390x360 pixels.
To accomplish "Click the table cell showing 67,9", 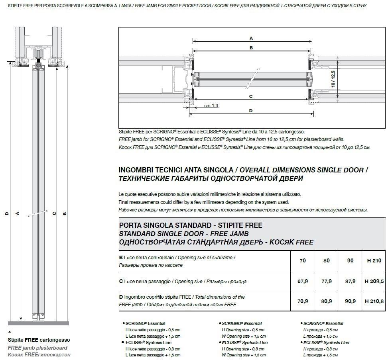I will pyautogui.click(x=303, y=281).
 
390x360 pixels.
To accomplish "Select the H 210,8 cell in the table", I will pyautogui.click(x=374, y=301).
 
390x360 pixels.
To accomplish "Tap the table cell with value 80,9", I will pyautogui.click(x=327, y=301).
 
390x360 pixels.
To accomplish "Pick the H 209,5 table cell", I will pyautogui.click(x=374, y=281).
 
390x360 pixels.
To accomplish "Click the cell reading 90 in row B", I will pyautogui.click(x=350, y=261).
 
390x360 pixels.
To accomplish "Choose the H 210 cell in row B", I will pyautogui.click(x=374, y=261).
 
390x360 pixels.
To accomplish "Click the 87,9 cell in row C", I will pyautogui.click(x=350, y=281).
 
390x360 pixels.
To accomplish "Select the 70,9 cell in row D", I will pyautogui.click(x=303, y=301).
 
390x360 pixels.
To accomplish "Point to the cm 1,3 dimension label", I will pyautogui.click(x=211, y=106).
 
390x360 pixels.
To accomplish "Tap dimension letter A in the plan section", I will pyautogui.click(x=251, y=38).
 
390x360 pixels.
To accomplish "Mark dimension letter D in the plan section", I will pyautogui.click(x=251, y=111).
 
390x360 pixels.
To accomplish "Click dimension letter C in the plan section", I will pyautogui.click(x=251, y=96).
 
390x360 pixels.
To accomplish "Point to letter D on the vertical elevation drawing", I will pyautogui.click(x=7, y=214).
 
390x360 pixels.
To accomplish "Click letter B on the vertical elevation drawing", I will pyautogui.click(x=65, y=214).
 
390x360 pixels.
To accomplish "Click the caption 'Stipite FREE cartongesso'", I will pyautogui.click(x=39, y=340).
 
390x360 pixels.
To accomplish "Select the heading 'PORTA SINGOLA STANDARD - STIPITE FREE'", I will pyautogui.click(x=191, y=225).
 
